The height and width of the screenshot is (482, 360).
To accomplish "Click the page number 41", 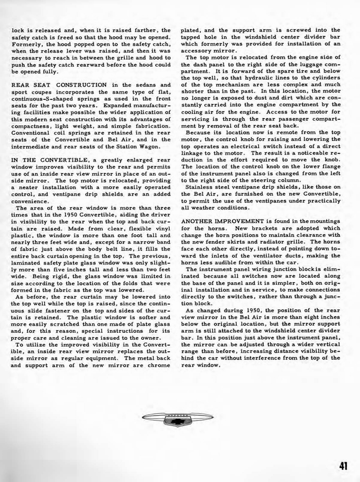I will pos(343,466).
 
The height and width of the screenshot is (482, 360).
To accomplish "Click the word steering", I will pos(270,180).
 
